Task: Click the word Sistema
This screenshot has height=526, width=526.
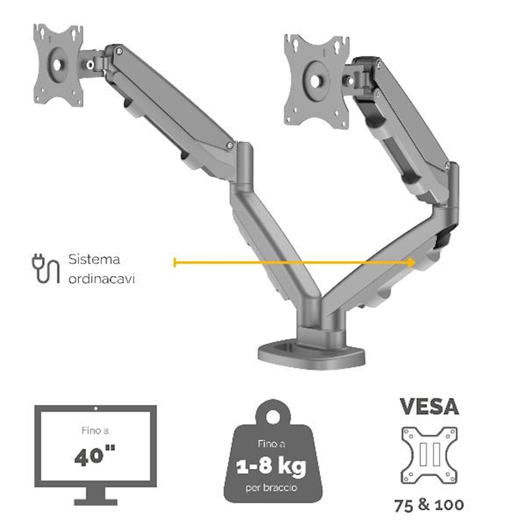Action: (x=94, y=259)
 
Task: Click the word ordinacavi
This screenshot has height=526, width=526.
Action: (x=102, y=279)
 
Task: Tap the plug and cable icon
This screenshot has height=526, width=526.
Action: (x=46, y=269)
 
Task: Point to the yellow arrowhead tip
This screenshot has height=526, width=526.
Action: (x=416, y=262)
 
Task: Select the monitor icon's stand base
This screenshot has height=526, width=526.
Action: (x=96, y=502)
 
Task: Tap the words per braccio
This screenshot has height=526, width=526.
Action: (x=271, y=487)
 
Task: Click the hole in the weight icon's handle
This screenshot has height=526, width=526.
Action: (x=273, y=417)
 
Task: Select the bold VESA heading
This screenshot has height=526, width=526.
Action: (x=429, y=407)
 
